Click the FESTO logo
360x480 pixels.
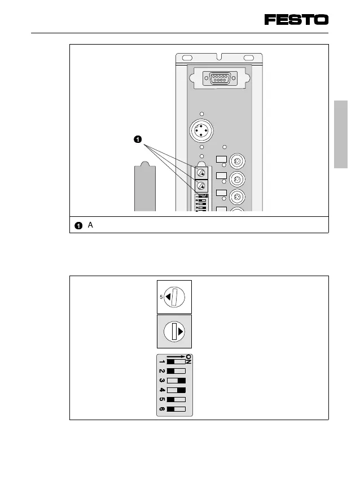pos(296,20)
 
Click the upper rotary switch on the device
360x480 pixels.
pos(201,172)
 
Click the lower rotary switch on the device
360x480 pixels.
pos(201,186)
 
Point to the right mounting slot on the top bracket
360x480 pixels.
pos(248,58)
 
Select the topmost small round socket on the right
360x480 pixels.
pos(238,161)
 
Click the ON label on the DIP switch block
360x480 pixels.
pos(188,360)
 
